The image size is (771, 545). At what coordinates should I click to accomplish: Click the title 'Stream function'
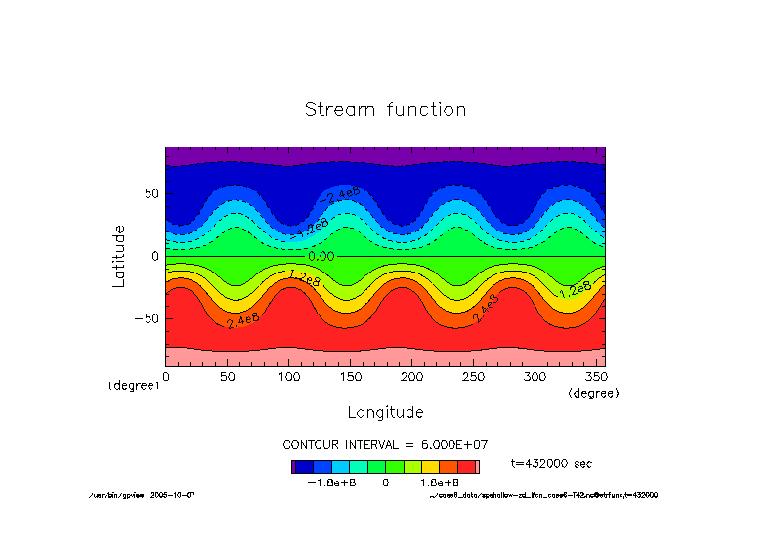pyautogui.click(x=385, y=109)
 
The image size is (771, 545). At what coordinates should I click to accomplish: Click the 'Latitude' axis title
pyautogui.click(x=119, y=256)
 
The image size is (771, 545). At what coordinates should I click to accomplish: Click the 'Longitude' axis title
pyautogui.click(x=385, y=412)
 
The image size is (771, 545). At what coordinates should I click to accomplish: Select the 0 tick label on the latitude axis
pyautogui.click(x=154, y=256)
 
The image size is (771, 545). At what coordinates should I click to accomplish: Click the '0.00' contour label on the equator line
pyautogui.click(x=321, y=256)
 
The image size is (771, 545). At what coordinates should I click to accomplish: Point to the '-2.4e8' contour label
pyautogui.click(x=343, y=195)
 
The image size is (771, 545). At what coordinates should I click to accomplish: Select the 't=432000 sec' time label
pyautogui.click(x=551, y=463)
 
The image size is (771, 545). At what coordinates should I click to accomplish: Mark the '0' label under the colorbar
pyautogui.click(x=385, y=482)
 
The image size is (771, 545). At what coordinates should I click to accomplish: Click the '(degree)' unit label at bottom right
pyautogui.click(x=593, y=392)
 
